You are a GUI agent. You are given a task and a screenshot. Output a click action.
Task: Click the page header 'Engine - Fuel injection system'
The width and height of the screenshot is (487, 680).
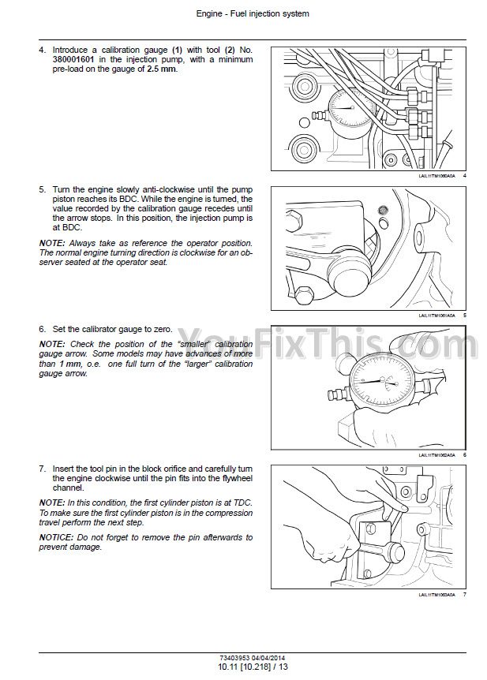pos(243,13)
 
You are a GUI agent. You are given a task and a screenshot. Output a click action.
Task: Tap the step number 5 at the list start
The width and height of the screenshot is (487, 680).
pos(41,190)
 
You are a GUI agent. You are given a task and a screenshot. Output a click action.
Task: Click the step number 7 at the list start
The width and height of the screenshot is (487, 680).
pos(41,468)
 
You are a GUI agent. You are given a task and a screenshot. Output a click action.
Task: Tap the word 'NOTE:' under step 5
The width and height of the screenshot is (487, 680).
pos(53,242)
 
